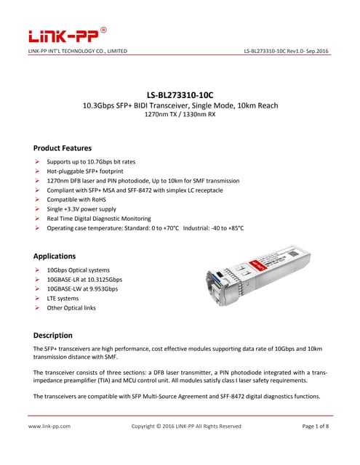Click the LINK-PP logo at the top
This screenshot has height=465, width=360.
[67, 34]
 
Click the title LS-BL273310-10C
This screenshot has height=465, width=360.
[180, 94]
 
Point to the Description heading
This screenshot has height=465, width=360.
[53, 335]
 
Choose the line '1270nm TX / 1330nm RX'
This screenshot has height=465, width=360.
[180, 115]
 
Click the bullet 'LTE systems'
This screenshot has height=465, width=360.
[62, 299]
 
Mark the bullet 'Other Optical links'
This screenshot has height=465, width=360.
[71, 308]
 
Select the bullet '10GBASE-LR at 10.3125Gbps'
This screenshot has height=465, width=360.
[84, 279]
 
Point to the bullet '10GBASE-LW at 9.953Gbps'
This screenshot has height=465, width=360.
[81, 288]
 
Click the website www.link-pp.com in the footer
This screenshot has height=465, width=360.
[49, 426]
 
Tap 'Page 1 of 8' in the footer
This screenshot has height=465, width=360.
[316, 426]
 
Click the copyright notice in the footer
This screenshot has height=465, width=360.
[185, 426]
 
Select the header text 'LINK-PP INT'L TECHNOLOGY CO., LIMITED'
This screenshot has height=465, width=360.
[77, 51]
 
